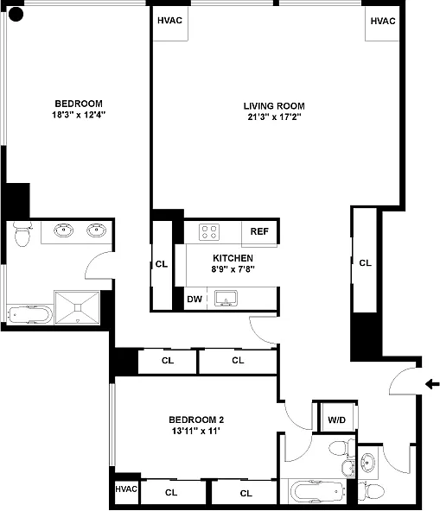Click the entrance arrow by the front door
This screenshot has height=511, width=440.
[432, 384]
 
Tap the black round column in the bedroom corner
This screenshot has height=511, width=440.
[16, 15]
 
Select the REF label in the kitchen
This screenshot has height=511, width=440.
[259, 231]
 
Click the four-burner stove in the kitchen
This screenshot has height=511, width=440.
[209, 232]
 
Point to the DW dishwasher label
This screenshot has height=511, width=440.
[194, 299]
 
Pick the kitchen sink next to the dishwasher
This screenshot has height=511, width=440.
[226, 299]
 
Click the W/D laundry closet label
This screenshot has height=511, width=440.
[336, 420]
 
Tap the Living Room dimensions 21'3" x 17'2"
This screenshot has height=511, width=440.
[274, 117]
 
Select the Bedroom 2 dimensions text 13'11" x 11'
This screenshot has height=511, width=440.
[196, 431]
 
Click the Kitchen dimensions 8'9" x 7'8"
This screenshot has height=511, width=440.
[233, 269]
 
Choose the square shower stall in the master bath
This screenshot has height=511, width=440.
[77, 307]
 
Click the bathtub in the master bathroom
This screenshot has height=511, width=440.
[29, 315]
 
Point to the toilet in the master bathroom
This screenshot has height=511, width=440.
[22, 234]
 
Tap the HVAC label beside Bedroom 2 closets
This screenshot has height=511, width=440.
[126, 489]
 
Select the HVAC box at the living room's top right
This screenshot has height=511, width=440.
[383, 24]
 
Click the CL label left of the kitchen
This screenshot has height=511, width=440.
[162, 264]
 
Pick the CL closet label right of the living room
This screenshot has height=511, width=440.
[365, 263]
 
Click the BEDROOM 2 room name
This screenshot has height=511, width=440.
[196, 420]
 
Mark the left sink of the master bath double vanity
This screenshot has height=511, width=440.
[63, 230]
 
